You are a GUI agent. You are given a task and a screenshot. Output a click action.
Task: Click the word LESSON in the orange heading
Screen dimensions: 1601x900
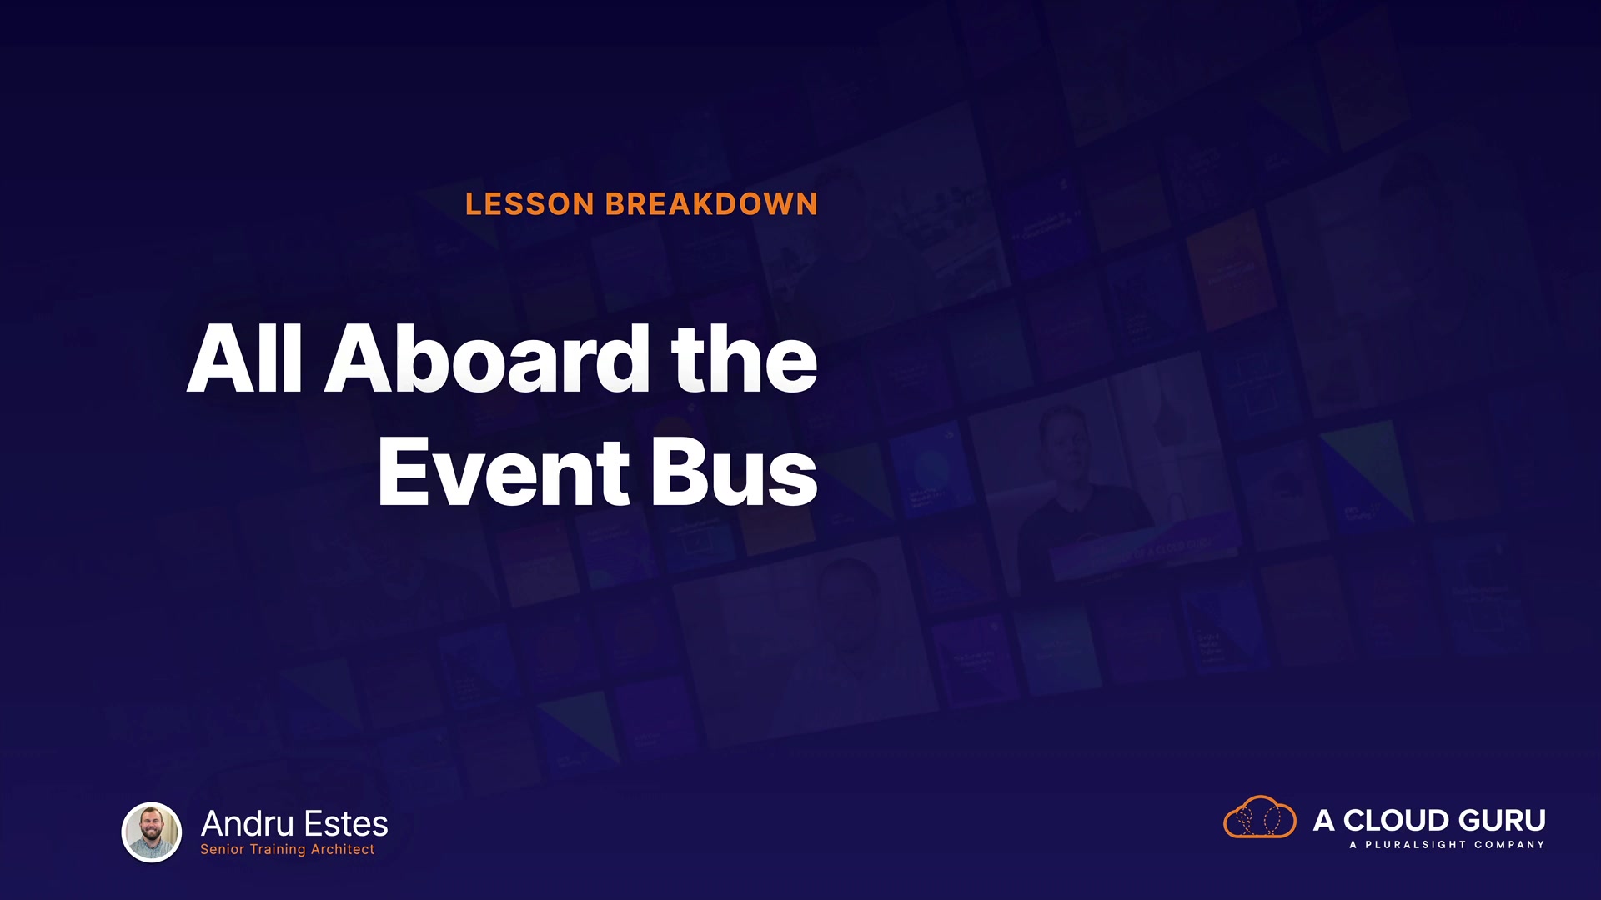click(529, 204)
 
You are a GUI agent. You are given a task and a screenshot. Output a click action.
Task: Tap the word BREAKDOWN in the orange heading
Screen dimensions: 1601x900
click(711, 204)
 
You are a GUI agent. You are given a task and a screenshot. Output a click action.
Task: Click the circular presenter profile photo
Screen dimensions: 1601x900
click(152, 832)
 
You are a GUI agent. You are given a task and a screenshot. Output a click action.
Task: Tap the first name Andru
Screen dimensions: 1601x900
click(247, 823)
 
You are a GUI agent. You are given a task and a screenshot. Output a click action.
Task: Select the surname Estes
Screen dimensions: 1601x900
click(346, 823)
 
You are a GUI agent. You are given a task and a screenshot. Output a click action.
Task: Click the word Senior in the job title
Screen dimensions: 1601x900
click(222, 849)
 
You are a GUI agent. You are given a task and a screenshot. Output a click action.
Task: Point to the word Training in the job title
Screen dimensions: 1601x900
click(278, 850)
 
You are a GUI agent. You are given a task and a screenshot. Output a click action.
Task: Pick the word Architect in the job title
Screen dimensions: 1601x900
click(343, 849)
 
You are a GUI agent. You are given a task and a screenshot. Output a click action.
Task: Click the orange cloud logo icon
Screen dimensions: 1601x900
click(1259, 817)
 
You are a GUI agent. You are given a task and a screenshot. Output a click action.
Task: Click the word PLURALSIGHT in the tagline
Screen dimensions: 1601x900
click(1415, 845)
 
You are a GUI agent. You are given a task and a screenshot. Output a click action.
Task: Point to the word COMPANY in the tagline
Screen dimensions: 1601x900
click(1509, 845)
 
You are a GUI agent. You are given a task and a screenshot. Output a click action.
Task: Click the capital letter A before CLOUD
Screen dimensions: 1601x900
click(1324, 821)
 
